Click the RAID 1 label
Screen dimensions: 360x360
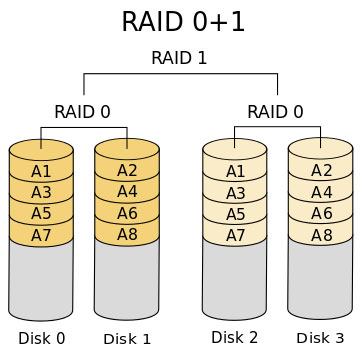click(x=179, y=58)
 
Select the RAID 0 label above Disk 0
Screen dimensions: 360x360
click(x=82, y=111)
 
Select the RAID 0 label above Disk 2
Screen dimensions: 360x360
click(x=275, y=111)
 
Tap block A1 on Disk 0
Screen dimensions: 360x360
click(x=41, y=170)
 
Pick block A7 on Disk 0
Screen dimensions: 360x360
click(x=41, y=235)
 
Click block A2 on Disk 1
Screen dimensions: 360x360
click(x=127, y=170)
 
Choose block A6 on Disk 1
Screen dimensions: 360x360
click(x=127, y=213)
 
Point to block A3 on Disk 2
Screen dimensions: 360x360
click(x=234, y=192)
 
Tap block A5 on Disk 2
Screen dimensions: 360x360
click(x=234, y=213)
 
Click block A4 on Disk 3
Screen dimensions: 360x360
click(x=321, y=192)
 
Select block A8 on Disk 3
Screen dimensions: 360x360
click(x=321, y=235)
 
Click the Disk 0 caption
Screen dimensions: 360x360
click(x=41, y=338)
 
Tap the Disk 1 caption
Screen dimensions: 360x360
click(x=127, y=339)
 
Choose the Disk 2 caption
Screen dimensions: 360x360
click(x=234, y=337)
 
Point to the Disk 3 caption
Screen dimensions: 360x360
click(x=320, y=338)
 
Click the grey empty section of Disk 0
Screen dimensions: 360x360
click(x=41, y=280)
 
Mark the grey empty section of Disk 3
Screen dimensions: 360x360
click(x=321, y=280)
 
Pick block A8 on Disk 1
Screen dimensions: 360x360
click(x=127, y=235)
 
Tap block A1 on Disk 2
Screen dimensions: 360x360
click(x=234, y=170)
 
